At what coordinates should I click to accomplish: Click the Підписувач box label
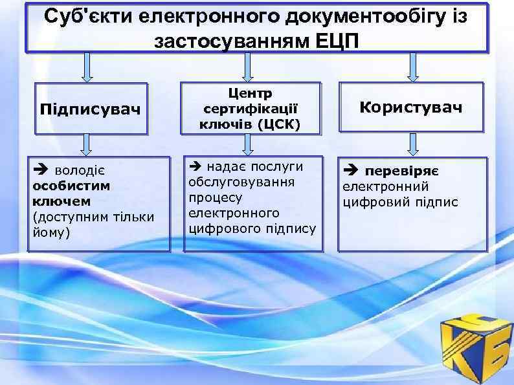pyautogui.click(x=90, y=107)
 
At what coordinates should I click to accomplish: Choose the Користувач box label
pyautogui.click(x=411, y=107)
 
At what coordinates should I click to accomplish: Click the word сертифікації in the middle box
pyautogui.click(x=251, y=109)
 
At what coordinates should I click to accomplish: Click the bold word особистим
pyautogui.click(x=71, y=186)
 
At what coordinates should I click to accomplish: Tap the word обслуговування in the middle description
pyautogui.click(x=241, y=182)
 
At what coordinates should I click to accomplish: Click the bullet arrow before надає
pyautogui.click(x=196, y=166)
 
